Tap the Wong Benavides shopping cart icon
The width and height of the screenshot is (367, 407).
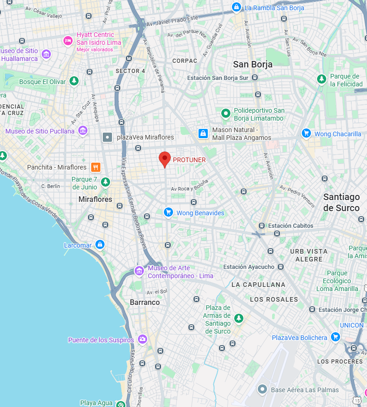click(x=168, y=212)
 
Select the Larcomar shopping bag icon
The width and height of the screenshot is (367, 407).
click(x=100, y=244)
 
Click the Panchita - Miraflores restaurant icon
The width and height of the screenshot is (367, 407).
click(x=96, y=167)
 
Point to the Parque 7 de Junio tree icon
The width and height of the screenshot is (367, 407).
click(x=106, y=182)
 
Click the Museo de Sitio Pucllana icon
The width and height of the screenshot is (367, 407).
click(x=83, y=131)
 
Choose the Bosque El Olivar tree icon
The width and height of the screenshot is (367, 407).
click(x=74, y=81)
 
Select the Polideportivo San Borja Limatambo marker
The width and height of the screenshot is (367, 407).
click(x=225, y=112)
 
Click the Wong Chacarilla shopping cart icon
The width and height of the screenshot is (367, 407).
click(x=306, y=134)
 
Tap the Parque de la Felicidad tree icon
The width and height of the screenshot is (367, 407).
click(x=322, y=79)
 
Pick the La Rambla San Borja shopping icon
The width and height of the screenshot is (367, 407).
click(x=236, y=7)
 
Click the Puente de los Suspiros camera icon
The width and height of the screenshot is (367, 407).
click(x=142, y=340)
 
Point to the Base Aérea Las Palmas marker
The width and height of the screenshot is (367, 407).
click(x=262, y=389)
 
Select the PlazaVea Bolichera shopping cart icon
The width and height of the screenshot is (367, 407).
click(x=336, y=337)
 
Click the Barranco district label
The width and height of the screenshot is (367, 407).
click(x=144, y=302)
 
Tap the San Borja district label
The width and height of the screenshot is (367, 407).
click(x=253, y=64)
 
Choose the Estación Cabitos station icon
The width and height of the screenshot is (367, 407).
click(x=261, y=225)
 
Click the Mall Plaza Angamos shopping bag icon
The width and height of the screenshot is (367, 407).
click(x=203, y=134)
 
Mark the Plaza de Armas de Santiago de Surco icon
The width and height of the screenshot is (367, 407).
click(x=239, y=318)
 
